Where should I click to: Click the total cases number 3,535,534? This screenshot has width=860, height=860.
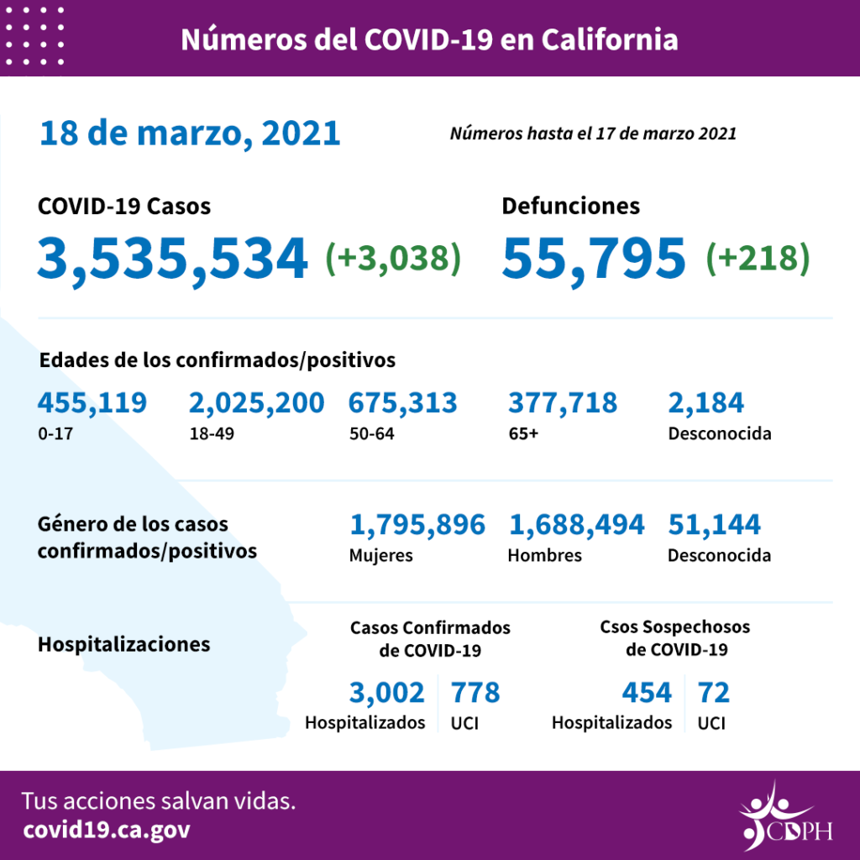[171, 258]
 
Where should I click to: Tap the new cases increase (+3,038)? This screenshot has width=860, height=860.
[393, 258]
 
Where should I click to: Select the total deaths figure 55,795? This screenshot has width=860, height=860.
[594, 258]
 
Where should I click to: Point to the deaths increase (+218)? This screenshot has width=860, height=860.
[758, 258]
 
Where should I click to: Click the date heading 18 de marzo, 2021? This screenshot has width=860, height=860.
[189, 133]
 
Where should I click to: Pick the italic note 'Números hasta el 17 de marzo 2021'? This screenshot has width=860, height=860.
[593, 134]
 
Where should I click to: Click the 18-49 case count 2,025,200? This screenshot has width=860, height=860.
[256, 404]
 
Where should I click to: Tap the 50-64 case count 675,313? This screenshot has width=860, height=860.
[402, 404]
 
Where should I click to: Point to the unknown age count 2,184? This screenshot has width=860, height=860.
[705, 404]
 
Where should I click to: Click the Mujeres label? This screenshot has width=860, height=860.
[380, 556]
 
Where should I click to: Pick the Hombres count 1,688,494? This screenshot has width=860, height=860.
[576, 525]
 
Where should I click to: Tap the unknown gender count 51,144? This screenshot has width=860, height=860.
[714, 525]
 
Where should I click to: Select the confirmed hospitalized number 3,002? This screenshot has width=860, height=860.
[387, 693]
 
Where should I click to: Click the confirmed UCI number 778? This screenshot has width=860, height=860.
[475, 693]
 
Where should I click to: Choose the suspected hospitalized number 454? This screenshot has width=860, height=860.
[647, 693]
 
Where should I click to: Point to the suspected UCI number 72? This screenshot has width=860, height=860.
[713, 693]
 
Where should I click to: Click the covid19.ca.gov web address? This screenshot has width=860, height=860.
[107, 830]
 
